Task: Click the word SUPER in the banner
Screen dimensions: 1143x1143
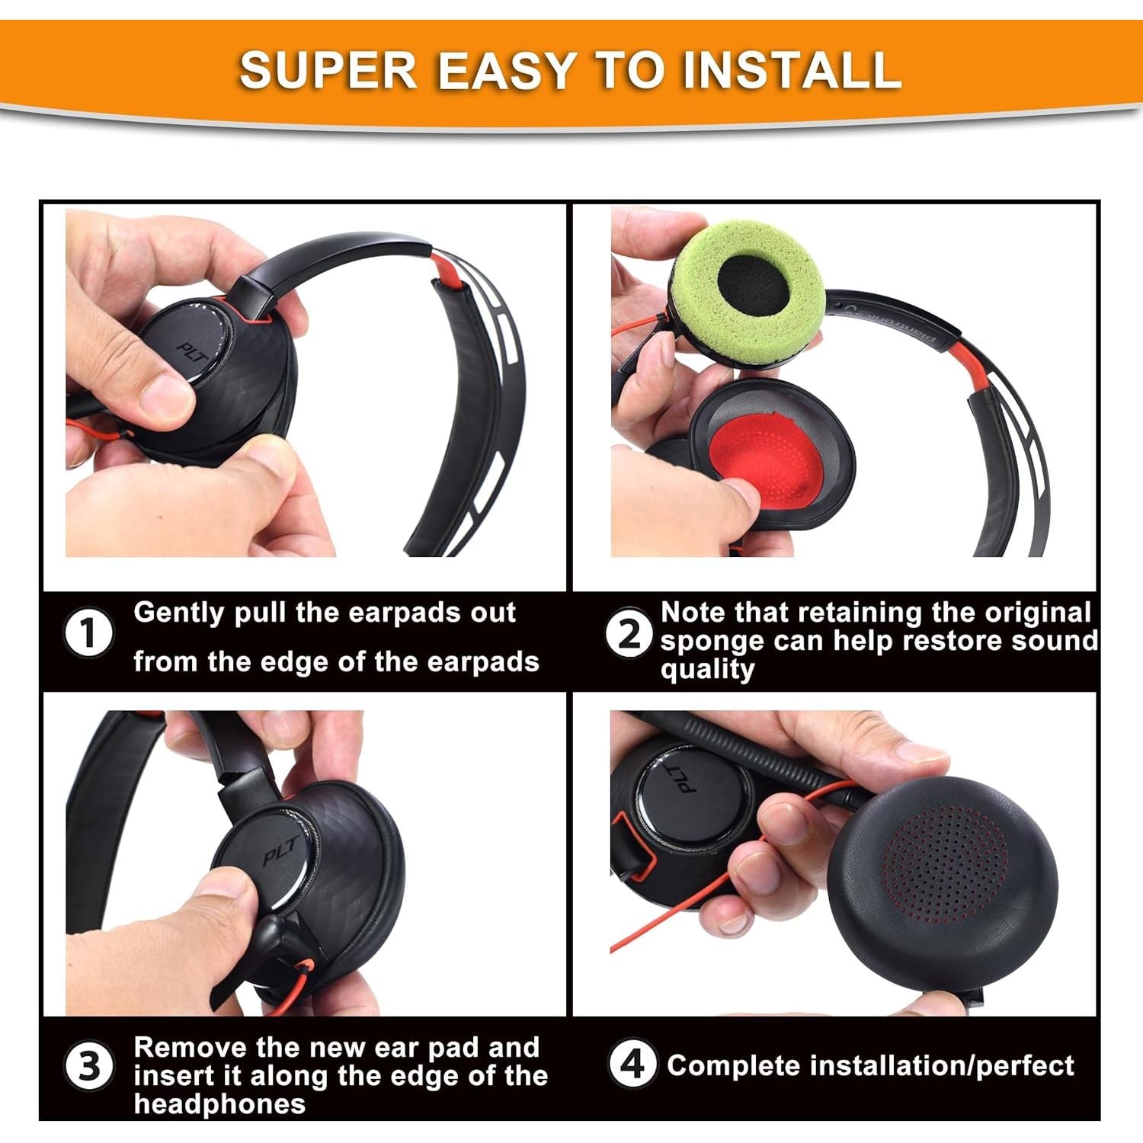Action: point(328,70)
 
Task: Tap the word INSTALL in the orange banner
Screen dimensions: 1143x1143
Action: point(792,70)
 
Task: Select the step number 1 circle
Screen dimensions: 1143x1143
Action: point(89,633)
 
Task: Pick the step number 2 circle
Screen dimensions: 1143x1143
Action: point(629,633)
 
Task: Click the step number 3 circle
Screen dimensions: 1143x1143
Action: point(89,1065)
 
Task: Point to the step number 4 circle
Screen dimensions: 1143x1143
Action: point(632,1064)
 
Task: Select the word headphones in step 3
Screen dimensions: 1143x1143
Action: point(220,1103)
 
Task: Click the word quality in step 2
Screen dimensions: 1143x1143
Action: point(708,670)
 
